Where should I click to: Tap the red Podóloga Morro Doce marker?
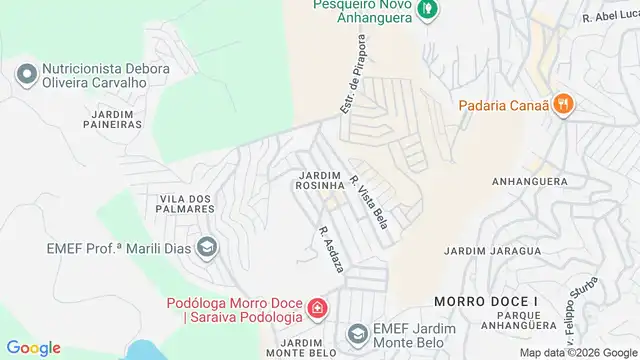pos(317,308)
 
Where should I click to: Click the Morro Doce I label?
pos(472,300)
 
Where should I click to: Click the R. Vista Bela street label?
pos(369,200)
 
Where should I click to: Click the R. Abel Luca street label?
pos(609,17)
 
